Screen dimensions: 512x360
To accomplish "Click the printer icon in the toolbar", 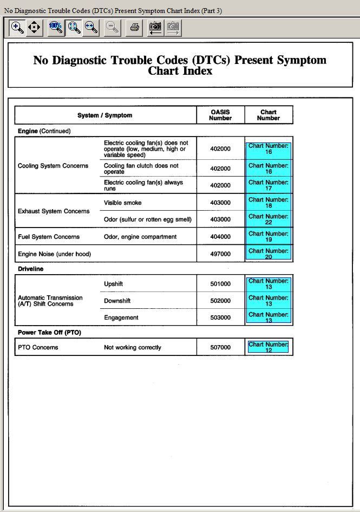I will (134, 28).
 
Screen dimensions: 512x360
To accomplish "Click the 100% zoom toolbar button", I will (56, 28).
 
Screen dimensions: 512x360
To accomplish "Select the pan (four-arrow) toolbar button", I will (34, 27).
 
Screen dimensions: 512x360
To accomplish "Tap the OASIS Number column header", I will (220, 115).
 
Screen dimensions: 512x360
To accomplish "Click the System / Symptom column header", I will (104, 115).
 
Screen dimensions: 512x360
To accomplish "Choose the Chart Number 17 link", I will (269, 185).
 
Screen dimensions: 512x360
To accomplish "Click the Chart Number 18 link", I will (269, 203).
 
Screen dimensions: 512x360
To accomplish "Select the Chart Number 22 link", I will (269, 219).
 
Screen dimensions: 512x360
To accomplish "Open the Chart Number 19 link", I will (269, 237).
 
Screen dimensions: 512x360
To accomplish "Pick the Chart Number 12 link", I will (269, 347).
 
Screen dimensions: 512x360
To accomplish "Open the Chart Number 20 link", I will (269, 254).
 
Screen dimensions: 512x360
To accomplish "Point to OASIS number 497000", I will (220, 254).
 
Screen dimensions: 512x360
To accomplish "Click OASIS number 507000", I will (220, 348).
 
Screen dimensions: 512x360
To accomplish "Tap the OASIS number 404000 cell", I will (220, 237).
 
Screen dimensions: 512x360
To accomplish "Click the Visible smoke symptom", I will (123, 203).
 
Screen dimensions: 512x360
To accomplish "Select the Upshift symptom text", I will (114, 284).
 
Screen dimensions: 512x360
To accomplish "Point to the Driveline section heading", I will (31, 269).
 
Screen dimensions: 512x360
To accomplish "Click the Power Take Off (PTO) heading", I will (49, 333).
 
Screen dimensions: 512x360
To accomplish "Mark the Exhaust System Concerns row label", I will (54, 211).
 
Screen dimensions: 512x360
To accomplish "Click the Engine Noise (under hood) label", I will (54, 254).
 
